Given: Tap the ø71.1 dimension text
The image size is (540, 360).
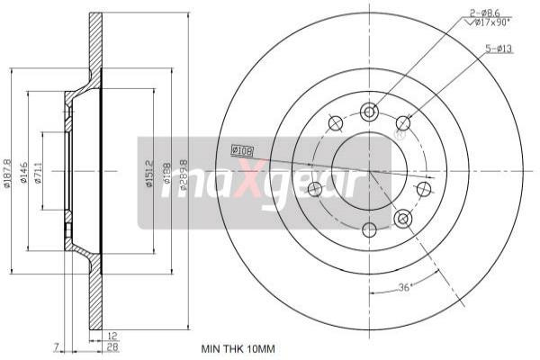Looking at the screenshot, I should click(39, 170).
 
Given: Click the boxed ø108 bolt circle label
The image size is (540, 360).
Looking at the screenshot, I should click(243, 150).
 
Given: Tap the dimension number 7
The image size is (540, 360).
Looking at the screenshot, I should click(56, 346).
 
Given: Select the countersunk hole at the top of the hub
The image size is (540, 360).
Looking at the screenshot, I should click(368, 111).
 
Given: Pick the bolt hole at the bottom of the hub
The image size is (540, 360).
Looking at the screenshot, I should click(368, 229).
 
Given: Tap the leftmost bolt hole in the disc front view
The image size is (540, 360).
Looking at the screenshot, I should click(314, 189).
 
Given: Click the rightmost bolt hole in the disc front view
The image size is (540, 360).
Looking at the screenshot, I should click(423, 189).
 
